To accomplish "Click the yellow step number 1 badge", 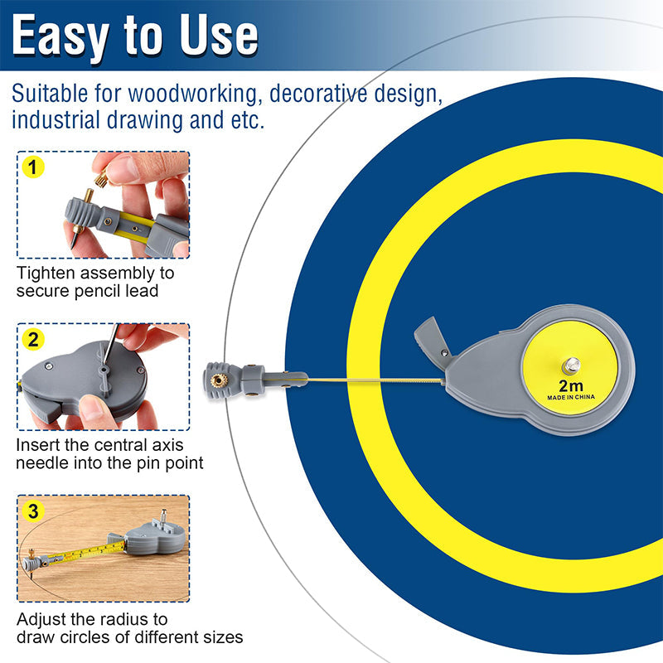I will click(x=32, y=169).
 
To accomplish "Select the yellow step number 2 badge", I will click(x=32, y=339).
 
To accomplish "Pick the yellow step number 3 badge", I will click(x=32, y=511).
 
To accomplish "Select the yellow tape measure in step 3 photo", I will click(x=75, y=554).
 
